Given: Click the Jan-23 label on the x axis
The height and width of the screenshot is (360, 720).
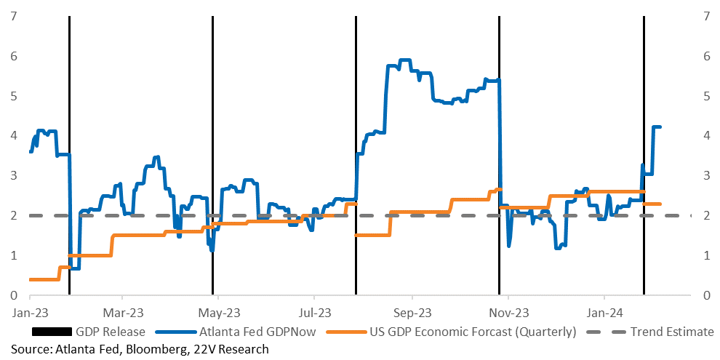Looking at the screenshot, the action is click(x=29, y=313).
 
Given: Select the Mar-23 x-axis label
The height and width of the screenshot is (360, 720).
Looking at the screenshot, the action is click(x=122, y=313).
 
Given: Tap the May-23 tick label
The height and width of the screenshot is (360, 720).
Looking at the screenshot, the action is click(x=217, y=313).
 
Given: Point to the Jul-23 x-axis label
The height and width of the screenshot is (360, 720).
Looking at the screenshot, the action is click(x=313, y=313).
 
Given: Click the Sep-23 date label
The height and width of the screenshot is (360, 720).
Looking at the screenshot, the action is click(x=412, y=313).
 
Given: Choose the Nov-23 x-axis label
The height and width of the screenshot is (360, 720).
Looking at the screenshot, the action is click(x=509, y=313).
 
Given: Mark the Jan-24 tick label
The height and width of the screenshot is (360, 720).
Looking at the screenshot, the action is click(x=605, y=313).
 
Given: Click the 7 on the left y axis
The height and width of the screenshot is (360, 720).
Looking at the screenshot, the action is click(x=14, y=17).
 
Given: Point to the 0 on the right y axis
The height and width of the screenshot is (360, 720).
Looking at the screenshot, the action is click(x=705, y=295).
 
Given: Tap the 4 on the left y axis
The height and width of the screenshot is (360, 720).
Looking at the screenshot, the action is click(x=14, y=136).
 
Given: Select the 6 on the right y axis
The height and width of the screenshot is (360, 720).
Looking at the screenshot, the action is click(x=705, y=57).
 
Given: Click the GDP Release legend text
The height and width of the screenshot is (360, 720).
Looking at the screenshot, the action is click(x=111, y=332).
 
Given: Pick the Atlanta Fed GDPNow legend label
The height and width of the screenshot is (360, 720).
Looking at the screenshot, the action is click(x=257, y=332).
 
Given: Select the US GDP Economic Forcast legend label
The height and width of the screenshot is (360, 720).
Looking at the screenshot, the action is click(x=473, y=332).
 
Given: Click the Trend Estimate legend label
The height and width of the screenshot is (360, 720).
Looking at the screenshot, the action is click(x=671, y=332).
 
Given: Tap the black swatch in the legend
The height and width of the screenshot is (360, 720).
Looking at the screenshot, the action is click(x=52, y=332).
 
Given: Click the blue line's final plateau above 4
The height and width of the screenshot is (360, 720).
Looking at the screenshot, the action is click(x=657, y=127).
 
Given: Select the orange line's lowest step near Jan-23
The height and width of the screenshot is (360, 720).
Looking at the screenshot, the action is click(x=44, y=279).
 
